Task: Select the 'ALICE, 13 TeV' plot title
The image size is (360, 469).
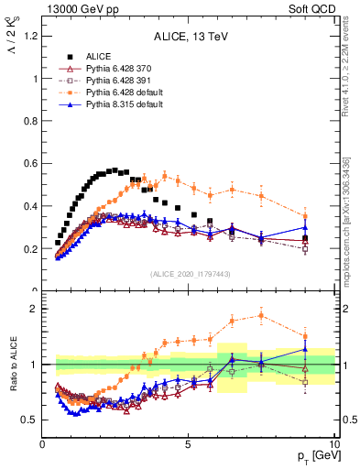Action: tap(189, 38)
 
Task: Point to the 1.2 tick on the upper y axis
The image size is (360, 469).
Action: tap(31, 36)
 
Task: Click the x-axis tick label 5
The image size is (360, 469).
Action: tap(188, 443)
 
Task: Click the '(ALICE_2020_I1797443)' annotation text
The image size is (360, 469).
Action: tap(189, 274)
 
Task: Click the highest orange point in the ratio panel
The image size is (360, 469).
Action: tap(262, 316)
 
